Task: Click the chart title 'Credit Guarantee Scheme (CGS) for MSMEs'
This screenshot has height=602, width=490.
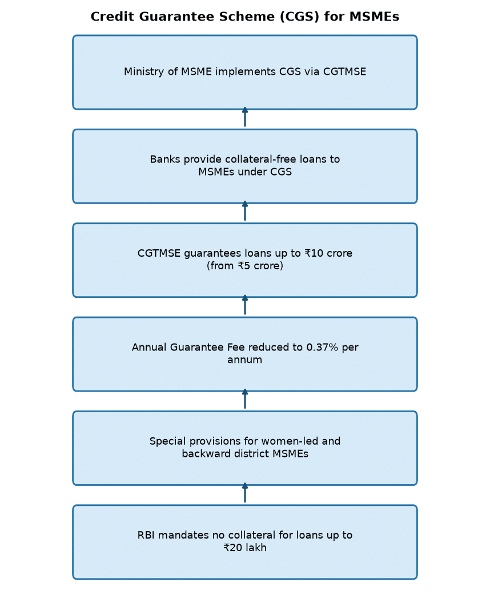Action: [x=244, y=17]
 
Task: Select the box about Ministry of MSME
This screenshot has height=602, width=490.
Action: [x=245, y=72]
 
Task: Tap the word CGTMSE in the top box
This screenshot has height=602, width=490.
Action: [x=345, y=72]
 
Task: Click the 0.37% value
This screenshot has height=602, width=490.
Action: [x=322, y=347]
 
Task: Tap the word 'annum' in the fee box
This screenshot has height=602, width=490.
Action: [x=244, y=360]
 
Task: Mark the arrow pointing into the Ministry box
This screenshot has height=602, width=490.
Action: [x=245, y=117]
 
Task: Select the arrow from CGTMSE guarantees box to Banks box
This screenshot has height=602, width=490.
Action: [x=245, y=211]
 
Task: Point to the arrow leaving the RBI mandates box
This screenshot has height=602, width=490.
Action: [x=245, y=493]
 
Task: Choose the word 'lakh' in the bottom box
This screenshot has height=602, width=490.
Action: [x=255, y=548]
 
